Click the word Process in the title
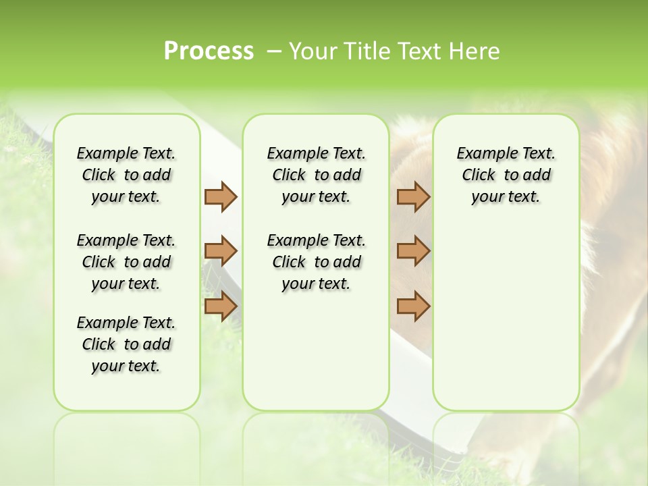point(209,51)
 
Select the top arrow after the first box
point(221,196)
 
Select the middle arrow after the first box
point(221,251)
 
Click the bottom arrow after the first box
point(221,306)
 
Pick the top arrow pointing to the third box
point(413,196)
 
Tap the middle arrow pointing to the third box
point(413,251)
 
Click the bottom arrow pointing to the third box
point(413,306)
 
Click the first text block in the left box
point(126,175)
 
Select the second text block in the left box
point(126,262)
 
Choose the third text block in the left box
point(126,344)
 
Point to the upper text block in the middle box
point(316,175)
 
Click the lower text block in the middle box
point(316,262)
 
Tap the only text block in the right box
point(506,175)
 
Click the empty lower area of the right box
point(506,317)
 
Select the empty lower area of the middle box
point(316,351)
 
